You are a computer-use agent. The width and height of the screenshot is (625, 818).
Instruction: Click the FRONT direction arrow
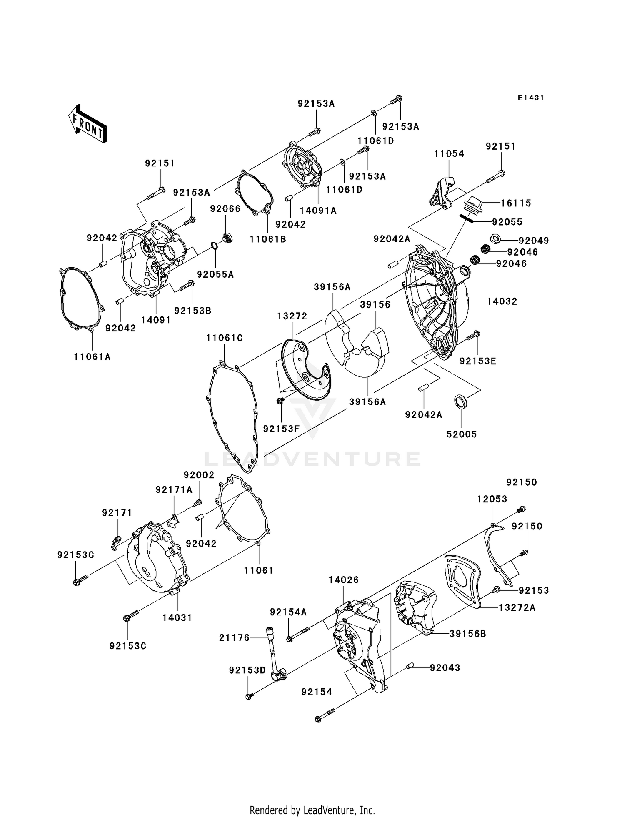click(87, 125)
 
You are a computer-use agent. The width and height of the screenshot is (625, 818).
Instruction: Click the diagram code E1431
click(531, 98)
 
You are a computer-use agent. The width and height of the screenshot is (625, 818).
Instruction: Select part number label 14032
click(502, 301)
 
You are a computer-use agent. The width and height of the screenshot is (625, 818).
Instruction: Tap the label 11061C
click(224, 338)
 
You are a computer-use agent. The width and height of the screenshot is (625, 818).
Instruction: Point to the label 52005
click(461, 434)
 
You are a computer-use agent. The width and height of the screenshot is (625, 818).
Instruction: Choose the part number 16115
click(516, 203)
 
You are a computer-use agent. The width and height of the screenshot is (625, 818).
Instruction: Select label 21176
click(235, 637)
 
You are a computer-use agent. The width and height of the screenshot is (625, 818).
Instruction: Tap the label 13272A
click(517, 607)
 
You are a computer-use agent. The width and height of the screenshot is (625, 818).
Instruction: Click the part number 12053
click(492, 499)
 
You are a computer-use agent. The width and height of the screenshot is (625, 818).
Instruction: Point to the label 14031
click(177, 617)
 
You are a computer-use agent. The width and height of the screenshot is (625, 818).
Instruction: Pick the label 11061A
click(92, 357)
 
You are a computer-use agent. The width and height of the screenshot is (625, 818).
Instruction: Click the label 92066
click(225, 208)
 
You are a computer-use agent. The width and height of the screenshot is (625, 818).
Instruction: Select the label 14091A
click(318, 211)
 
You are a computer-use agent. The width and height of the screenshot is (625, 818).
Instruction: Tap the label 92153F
click(281, 428)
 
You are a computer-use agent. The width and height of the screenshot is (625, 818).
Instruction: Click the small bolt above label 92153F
click(280, 401)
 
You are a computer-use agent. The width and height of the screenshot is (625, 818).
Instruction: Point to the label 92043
click(445, 667)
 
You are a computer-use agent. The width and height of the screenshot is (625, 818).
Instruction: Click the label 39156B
click(468, 634)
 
